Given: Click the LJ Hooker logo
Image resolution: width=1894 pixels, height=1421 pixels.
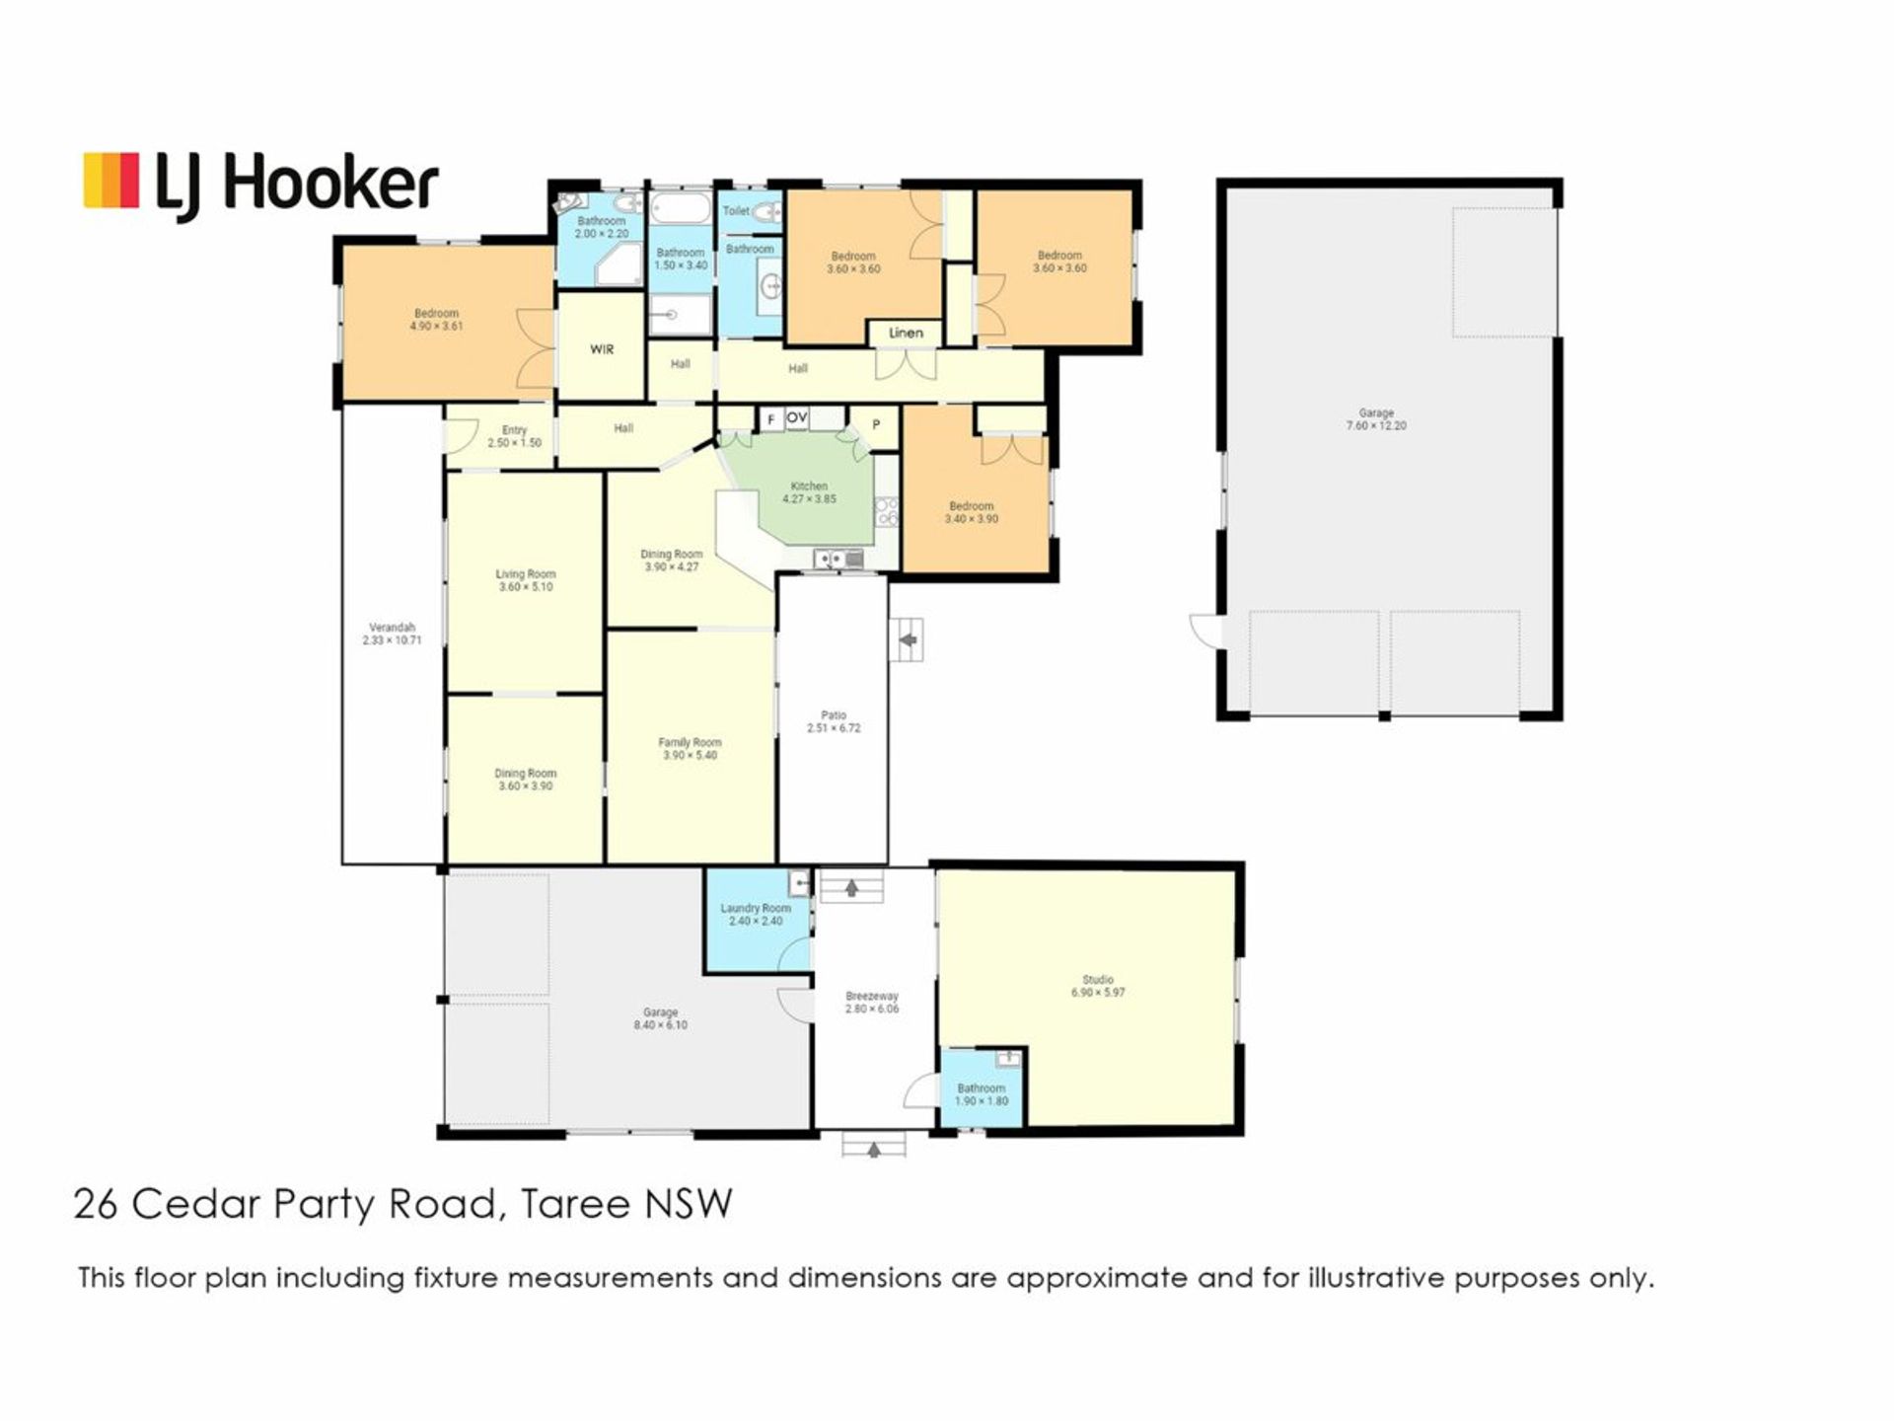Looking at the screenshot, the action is [x=260, y=185].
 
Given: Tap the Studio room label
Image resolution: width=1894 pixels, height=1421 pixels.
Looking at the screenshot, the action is [x=1098, y=980].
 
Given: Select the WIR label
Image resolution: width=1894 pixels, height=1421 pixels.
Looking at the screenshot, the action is [x=602, y=349].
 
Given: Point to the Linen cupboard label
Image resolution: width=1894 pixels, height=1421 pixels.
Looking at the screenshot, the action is [x=906, y=333].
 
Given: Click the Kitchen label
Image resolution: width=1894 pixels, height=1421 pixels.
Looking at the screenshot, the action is [x=809, y=486].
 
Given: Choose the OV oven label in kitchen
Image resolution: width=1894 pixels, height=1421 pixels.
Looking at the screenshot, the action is [x=797, y=418].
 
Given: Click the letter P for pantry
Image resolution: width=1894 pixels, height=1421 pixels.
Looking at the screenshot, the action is [x=876, y=425].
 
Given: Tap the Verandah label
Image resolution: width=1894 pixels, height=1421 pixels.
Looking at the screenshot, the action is [x=392, y=627].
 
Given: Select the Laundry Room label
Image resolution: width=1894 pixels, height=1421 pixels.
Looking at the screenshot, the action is [x=756, y=908].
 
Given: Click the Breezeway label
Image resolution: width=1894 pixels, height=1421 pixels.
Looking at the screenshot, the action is [x=872, y=997].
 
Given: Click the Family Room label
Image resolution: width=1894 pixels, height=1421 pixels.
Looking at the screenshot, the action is [x=690, y=742].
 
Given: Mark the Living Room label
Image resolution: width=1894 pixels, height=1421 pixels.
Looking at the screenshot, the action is [x=526, y=573].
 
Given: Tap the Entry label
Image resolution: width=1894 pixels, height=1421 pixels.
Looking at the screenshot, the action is [x=514, y=430].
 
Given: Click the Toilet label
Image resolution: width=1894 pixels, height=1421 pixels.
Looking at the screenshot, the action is [x=736, y=210].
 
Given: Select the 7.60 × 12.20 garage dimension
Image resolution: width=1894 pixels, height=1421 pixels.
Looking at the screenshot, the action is [x=1376, y=426].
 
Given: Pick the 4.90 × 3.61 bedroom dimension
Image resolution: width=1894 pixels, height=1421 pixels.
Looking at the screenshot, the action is [x=436, y=326].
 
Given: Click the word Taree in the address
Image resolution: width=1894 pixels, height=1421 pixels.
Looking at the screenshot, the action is [x=576, y=1205].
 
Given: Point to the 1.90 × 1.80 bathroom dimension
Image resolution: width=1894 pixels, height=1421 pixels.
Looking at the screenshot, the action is [x=982, y=1100].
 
